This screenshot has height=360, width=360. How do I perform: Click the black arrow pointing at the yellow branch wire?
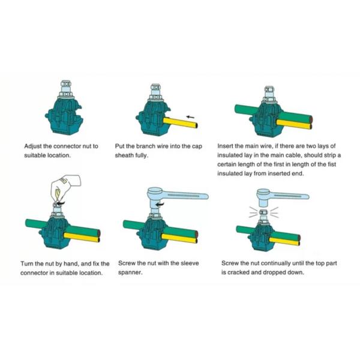[191, 116]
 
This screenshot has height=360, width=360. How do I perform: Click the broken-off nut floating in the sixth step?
[263, 211]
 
